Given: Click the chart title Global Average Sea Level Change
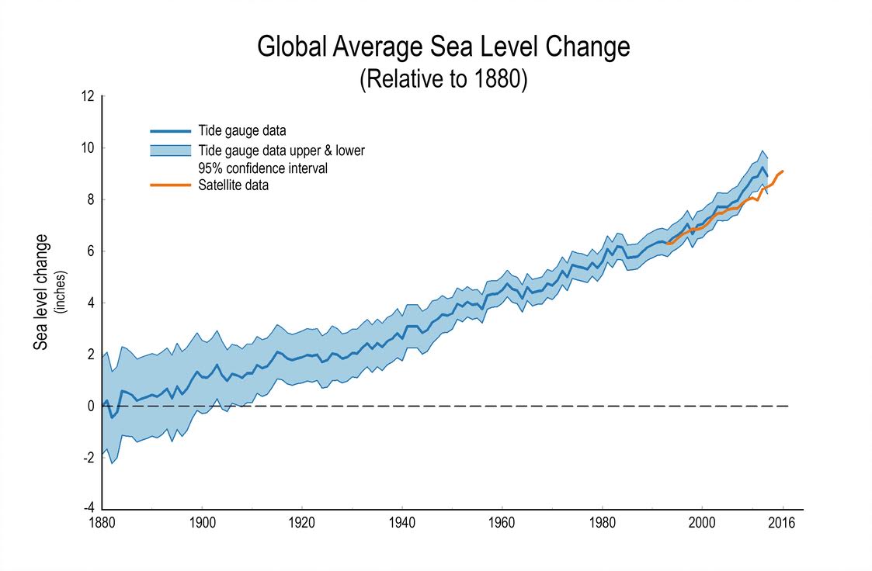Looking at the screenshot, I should click(443, 47).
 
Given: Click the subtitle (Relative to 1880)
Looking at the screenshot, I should click(443, 80).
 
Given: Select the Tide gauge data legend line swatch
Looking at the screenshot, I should click(170, 131).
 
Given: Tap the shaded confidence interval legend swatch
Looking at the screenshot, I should click(170, 151).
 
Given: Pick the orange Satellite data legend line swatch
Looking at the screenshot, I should click(170, 185).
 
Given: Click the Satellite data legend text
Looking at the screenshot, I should click(233, 185).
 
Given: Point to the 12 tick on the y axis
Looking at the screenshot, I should click(88, 96).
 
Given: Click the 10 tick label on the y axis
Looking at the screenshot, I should click(88, 148).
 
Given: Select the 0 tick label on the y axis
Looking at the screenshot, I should click(90, 406).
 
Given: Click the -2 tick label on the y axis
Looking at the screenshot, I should click(88, 458).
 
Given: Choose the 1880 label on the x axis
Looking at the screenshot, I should click(102, 523).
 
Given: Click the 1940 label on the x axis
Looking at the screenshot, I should click(402, 523).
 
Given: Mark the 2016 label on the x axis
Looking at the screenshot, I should click(783, 523).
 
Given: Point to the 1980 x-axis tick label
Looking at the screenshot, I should click(603, 523).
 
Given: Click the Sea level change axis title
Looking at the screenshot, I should click(41, 292).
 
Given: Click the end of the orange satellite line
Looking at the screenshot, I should click(783, 171).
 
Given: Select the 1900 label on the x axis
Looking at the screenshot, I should click(202, 523).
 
